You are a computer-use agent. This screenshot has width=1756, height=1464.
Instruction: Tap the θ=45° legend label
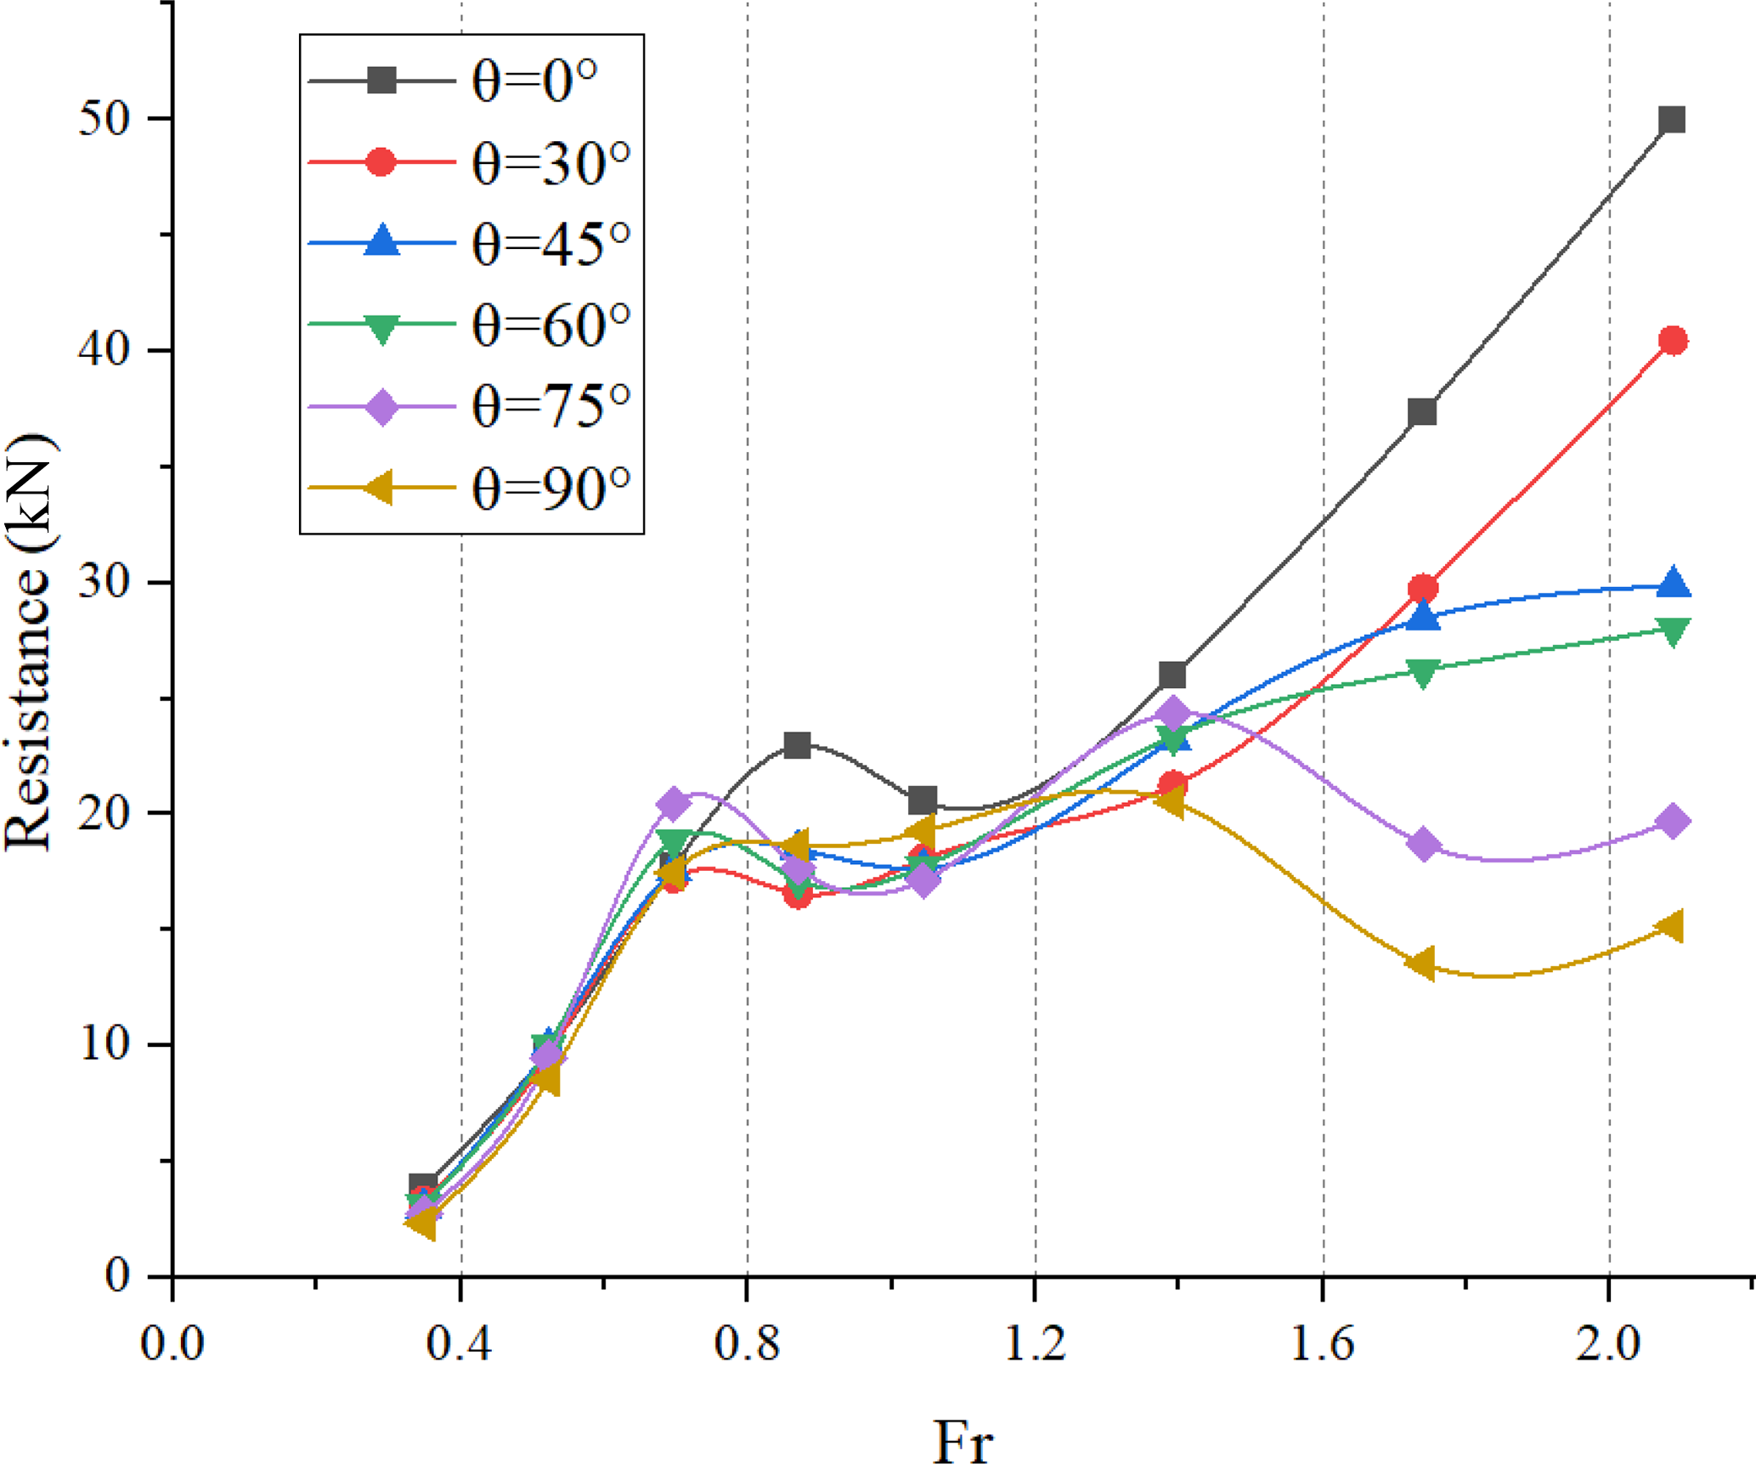pos(551,244)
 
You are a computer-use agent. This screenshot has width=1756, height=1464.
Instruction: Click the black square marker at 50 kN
pos(1672,120)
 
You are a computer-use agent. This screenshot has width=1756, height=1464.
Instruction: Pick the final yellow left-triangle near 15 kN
pos(1671,926)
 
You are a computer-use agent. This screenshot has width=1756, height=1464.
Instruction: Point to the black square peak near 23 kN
pos(797,745)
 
